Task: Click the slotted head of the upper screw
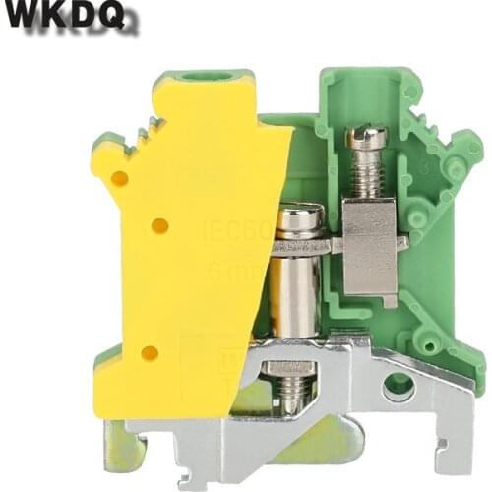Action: point(367,137)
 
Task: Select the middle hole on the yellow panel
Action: point(159,226)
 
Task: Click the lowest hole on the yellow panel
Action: point(149,352)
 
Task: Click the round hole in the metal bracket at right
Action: point(398,384)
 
